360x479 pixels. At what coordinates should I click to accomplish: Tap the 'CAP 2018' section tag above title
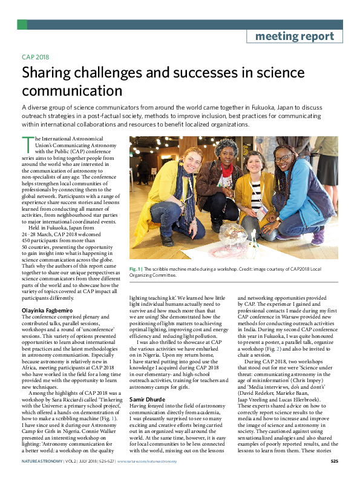(34, 58)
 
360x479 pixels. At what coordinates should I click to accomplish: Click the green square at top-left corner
(22, 24)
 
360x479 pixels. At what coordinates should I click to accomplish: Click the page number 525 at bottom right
(334, 462)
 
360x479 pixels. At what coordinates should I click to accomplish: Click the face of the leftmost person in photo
(191, 157)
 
